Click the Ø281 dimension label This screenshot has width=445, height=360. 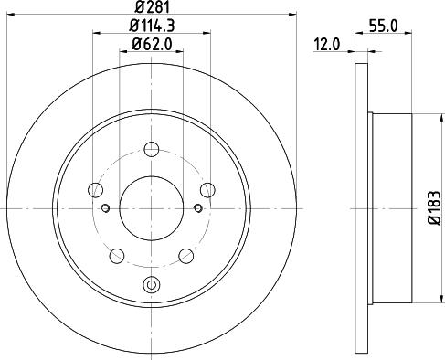pyautogui.click(x=152, y=6)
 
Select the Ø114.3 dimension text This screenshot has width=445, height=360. pyautogui.click(x=152, y=26)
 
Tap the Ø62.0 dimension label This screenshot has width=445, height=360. pyautogui.click(x=152, y=45)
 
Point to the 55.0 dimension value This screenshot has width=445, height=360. pyautogui.click(x=383, y=26)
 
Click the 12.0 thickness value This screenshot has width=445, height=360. pyautogui.click(x=326, y=45)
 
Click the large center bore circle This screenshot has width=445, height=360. pyautogui.click(x=152, y=208)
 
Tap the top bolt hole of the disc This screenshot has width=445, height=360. pyautogui.click(x=152, y=150)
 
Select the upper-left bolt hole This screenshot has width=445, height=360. pyautogui.click(x=95, y=190)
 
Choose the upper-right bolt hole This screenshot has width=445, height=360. pyautogui.click(x=207, y=190)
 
